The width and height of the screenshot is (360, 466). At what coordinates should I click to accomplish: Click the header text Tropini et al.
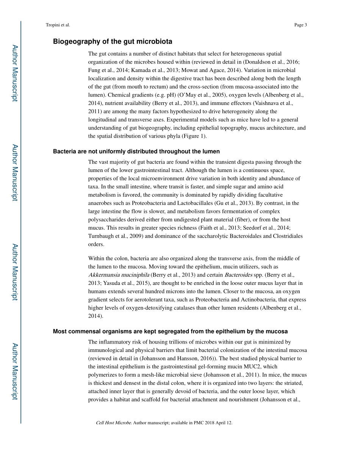58,25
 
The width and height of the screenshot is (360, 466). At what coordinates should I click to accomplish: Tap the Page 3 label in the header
300,25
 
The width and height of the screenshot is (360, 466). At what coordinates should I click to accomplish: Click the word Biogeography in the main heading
75,41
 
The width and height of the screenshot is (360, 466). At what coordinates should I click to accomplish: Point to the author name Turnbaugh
101,236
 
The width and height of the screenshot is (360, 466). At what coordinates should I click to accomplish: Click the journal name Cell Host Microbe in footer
113,423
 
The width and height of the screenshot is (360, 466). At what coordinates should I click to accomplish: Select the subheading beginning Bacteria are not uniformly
136,152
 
